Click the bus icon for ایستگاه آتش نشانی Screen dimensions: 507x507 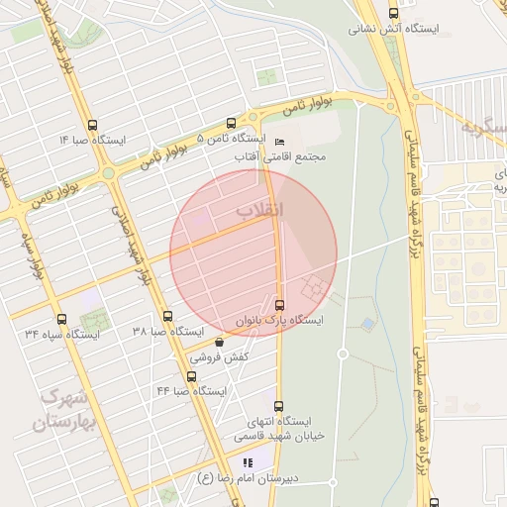tap(393, 13)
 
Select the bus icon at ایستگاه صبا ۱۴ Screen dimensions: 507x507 tap(92, 126)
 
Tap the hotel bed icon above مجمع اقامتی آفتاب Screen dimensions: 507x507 tap(278, 142)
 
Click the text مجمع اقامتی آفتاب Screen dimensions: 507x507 tap(280, 156)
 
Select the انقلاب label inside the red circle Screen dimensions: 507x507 tap(260, 210)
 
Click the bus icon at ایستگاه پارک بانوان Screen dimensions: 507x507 tap(279, 304)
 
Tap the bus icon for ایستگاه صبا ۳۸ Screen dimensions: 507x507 tap(166, 317)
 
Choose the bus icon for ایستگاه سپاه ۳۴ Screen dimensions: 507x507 tap(62, 319)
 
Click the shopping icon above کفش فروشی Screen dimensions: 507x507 tap(219, 342)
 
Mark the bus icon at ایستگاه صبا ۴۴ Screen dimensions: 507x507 tap(191, 376)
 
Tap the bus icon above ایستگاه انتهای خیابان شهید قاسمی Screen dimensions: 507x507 tap(278, 406)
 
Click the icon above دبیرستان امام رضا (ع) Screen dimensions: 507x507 tap(248, 462)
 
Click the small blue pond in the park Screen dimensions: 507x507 tap(368, 324)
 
